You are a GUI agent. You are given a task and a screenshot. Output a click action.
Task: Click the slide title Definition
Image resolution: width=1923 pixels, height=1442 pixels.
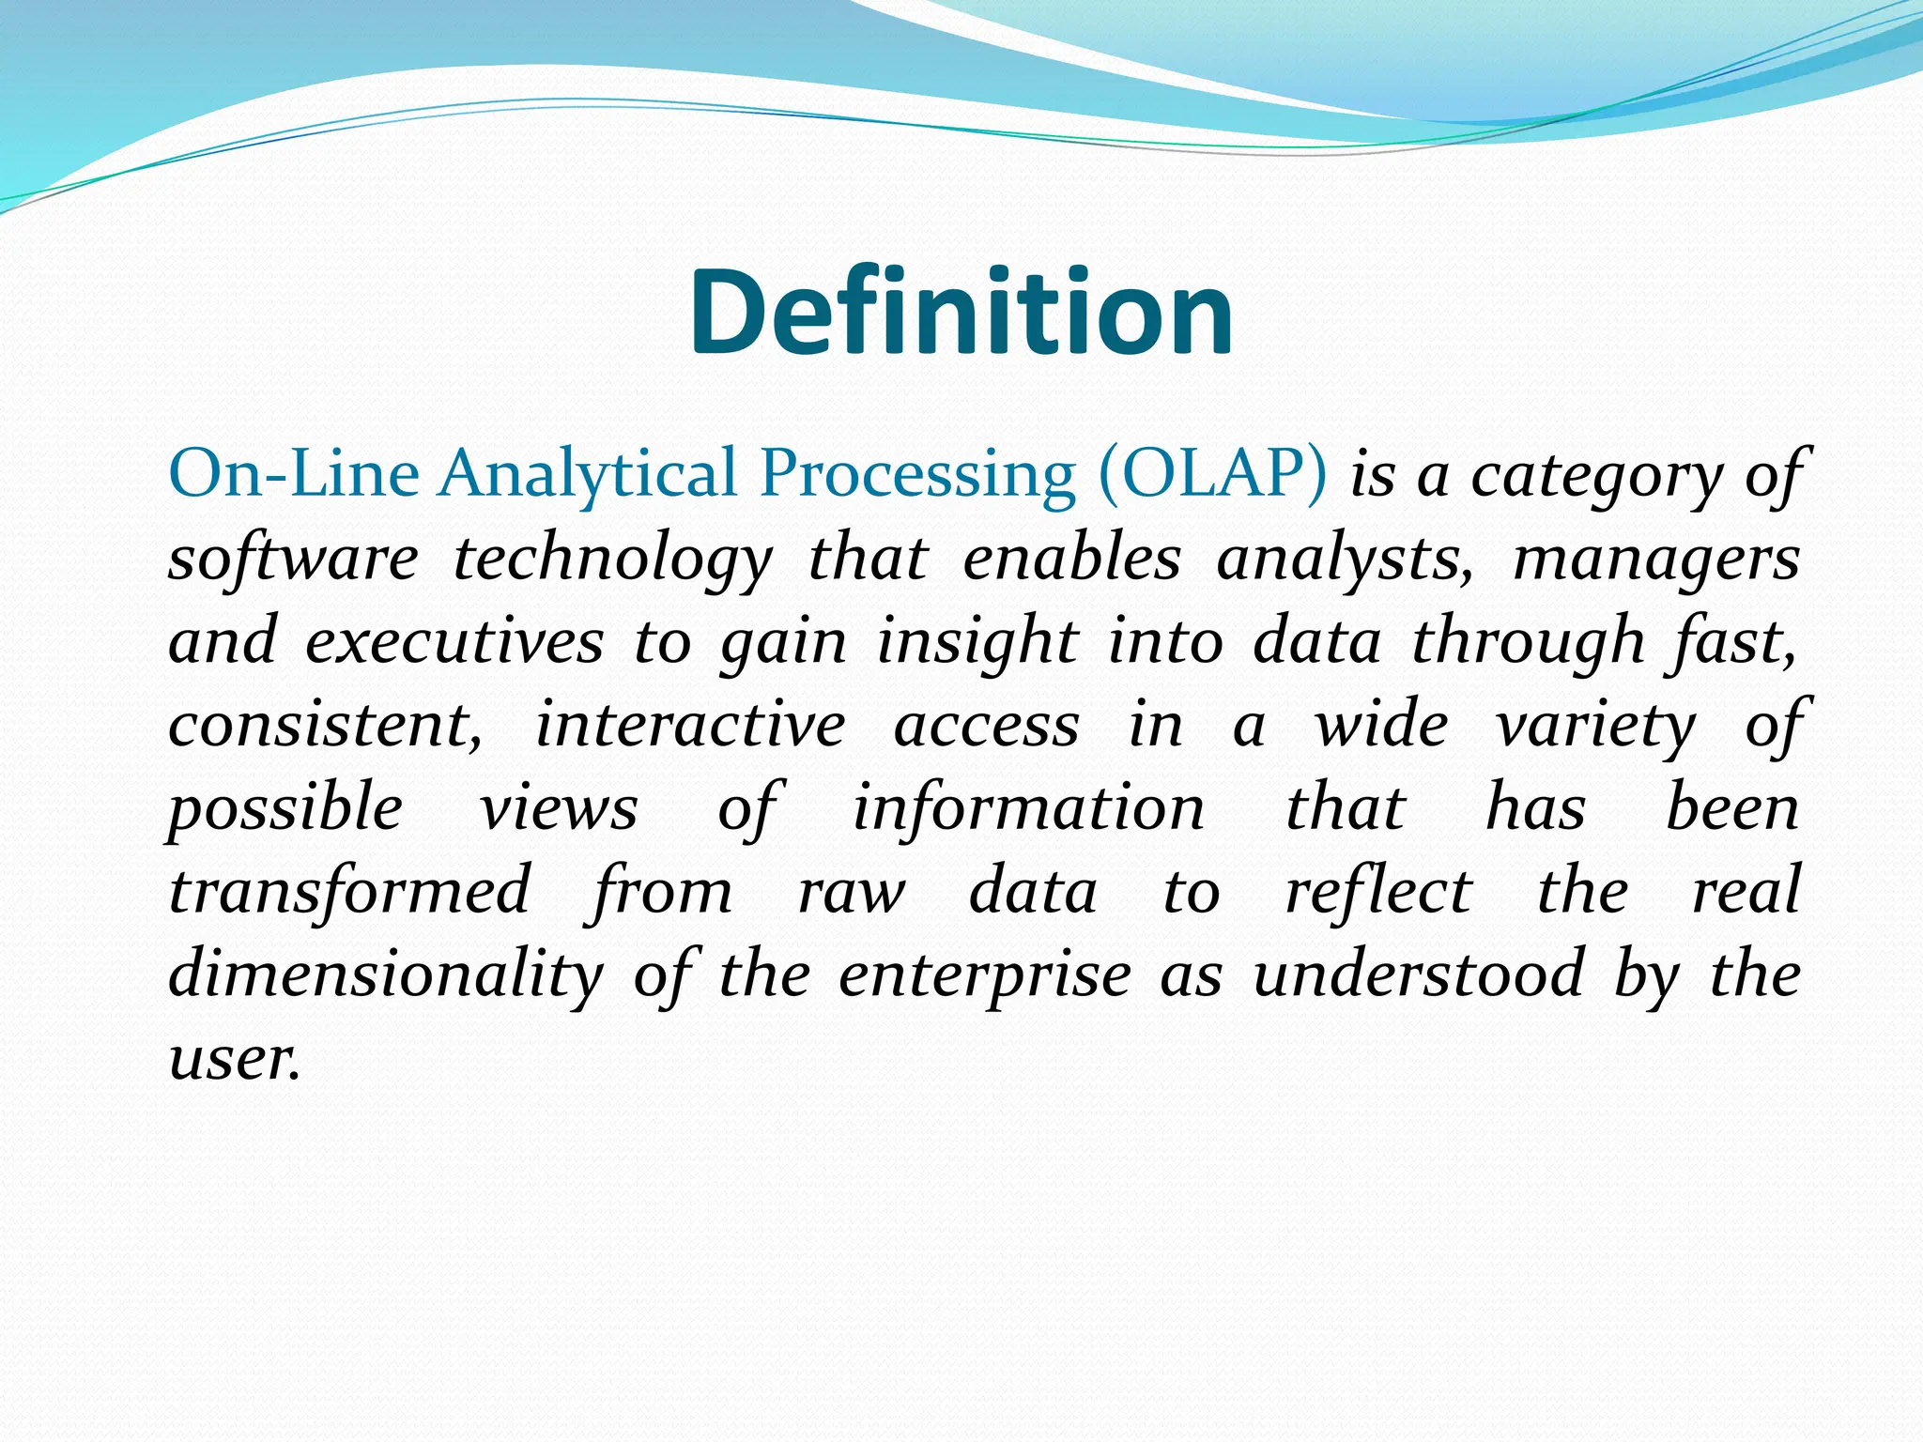click(961, 312)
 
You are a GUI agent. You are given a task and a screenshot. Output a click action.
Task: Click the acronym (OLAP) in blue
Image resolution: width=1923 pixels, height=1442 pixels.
click(1212, 472)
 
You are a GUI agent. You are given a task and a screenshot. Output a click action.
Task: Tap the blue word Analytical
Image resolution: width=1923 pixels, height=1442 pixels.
click(589, 474)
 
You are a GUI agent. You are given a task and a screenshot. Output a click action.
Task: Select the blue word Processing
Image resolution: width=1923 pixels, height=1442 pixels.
click(917, 474)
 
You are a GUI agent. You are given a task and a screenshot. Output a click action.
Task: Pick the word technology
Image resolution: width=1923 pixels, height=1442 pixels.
click(612, 560)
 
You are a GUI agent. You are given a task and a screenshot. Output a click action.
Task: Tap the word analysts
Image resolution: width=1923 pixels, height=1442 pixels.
click(1345, 560)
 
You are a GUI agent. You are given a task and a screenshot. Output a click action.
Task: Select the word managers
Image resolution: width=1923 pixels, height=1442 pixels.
click(1656, 560)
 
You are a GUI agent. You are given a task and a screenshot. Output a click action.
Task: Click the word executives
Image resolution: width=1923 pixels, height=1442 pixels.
click(454, 641)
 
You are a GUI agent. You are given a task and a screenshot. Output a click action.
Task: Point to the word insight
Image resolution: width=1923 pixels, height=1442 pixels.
click(977, 643)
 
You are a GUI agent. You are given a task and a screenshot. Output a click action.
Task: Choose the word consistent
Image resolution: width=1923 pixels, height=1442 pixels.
click(325, 725)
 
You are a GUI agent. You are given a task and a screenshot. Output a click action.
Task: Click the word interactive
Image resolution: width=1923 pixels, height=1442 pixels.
click(690, 725)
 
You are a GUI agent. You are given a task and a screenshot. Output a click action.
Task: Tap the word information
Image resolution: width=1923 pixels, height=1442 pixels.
click(1028, 808)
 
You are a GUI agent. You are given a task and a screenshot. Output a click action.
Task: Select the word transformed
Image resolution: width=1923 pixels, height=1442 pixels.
click(350, 891)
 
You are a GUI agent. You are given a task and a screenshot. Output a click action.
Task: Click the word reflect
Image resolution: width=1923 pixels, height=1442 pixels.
click(1378, 891)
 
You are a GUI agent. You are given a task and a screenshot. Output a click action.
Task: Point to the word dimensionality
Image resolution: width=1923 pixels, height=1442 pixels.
click(386, 974)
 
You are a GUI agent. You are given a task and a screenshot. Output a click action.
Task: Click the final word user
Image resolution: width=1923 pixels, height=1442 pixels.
click(234, 1058)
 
